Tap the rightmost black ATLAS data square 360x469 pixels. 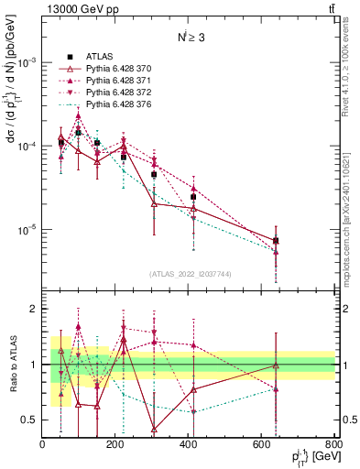click(276, 241)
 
